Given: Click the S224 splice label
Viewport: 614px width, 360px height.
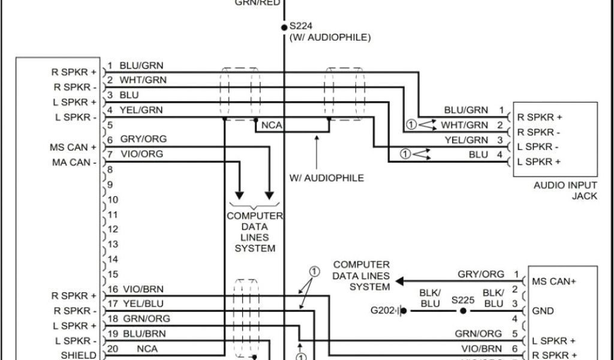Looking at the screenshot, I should pyautogui.click(x=300, y=26).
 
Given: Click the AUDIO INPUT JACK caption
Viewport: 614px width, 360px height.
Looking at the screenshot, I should pyautogui.click(x=565, y=191).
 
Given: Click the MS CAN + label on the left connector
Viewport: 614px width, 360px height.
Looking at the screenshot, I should pyautogui.click(x=74, y=147).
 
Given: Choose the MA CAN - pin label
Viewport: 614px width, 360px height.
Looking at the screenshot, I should pyautogui.click(x=74, y=163).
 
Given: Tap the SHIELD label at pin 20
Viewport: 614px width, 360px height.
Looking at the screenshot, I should pyautogui.click(x=79, y=355).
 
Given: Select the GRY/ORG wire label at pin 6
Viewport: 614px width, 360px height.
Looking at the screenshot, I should pyautogui.click(x=143, y=139).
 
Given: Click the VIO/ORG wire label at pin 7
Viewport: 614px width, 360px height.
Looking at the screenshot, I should pyautogui.click(x=142, y=154).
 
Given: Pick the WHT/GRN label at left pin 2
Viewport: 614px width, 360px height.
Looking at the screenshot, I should pyautogui.click(x=143, y=80).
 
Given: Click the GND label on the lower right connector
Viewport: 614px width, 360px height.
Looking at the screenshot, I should pyautogui.click(x=543, y=311).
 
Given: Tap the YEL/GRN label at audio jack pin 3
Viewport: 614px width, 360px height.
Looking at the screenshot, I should pyautogui.click(x=466, y=140).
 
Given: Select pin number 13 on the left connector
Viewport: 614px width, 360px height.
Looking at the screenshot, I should pyautogui.click(x=113, y=244).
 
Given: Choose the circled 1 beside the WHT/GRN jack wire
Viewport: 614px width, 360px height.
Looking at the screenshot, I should pyautogui.click(x=411, y=125).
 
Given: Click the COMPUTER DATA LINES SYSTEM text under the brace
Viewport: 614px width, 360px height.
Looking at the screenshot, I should pyautogui.click(x=255, y=232).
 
